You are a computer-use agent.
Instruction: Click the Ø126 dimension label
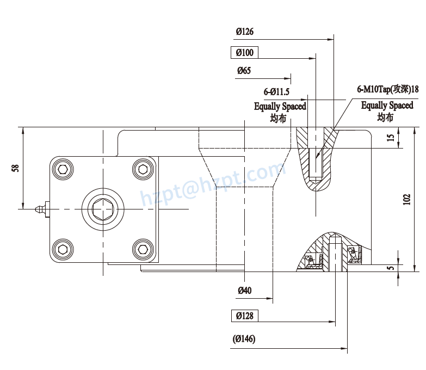tap(245, 32)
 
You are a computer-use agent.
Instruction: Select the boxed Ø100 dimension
tap(244, 53)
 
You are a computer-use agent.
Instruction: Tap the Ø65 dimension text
tap(244, 71)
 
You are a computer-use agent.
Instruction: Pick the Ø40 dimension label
tap(244, 291)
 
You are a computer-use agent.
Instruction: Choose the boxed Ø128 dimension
tap(244, 316)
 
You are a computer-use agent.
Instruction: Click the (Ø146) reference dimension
tap(244, 339)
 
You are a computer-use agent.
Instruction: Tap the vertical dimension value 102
tap(407, 200)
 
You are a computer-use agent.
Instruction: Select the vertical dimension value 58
tap(15, 168)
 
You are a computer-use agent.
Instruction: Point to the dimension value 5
tap(391, 268)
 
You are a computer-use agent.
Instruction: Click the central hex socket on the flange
tap(103, 209)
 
